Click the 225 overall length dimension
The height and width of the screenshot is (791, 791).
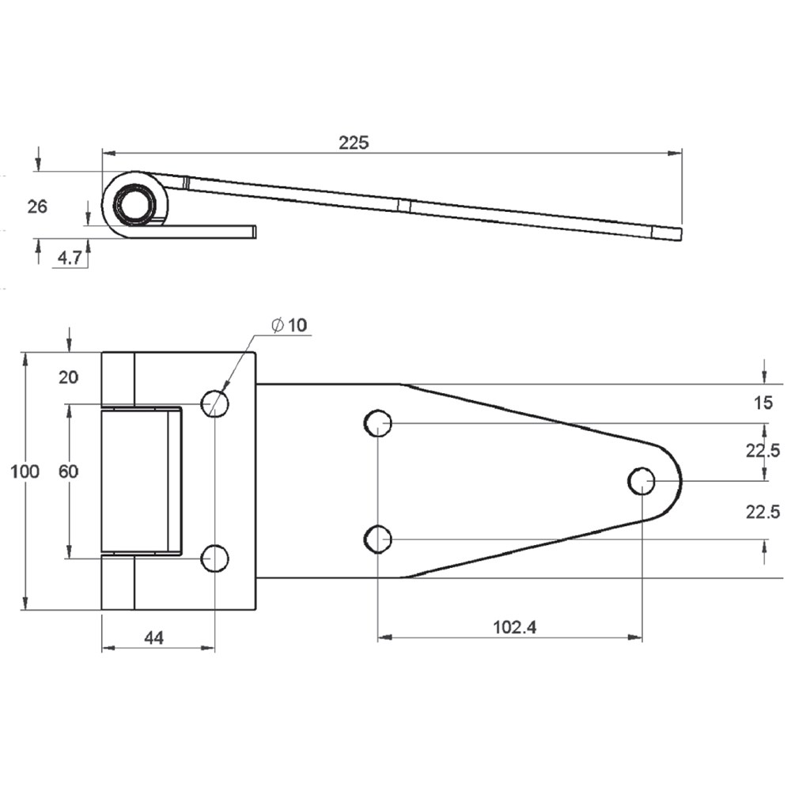click(x=354, y=142)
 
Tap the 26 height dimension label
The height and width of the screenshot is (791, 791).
click(x=37, y=206)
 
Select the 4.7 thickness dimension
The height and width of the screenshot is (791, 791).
click(x=69, y=259)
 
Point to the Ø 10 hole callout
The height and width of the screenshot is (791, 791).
click(x=289, y=325)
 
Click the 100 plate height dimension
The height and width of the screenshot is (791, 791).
click(x=25, y=471)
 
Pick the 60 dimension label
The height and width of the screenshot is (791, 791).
click(x=69, y=471)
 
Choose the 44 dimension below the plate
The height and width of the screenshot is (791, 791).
click(x=154, y=638)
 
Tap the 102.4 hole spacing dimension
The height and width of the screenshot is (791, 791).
click(x=515, y=627)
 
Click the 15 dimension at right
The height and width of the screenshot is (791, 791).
click(x=763, y=403)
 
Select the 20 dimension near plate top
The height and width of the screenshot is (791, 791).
click(x=69, y=377)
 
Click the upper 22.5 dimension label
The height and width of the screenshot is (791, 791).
click(x=763, y=451)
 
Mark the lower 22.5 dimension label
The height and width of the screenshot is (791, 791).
click(x=763, y=512)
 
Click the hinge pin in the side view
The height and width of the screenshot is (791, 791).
click(x=134, y=205)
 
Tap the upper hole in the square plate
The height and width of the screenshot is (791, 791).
click(x=215, y=403)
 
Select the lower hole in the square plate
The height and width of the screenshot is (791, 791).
click(x=215, y=558)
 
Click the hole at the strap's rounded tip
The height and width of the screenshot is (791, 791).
click(x=642, y=481)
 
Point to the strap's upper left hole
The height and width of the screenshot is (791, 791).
click(x=378, y=423)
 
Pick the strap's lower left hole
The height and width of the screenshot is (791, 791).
click(x=378, y=539)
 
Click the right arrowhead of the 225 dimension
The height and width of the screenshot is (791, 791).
click(x=675, y=153)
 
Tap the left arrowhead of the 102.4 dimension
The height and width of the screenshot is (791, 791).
click(x=385, y=638)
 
